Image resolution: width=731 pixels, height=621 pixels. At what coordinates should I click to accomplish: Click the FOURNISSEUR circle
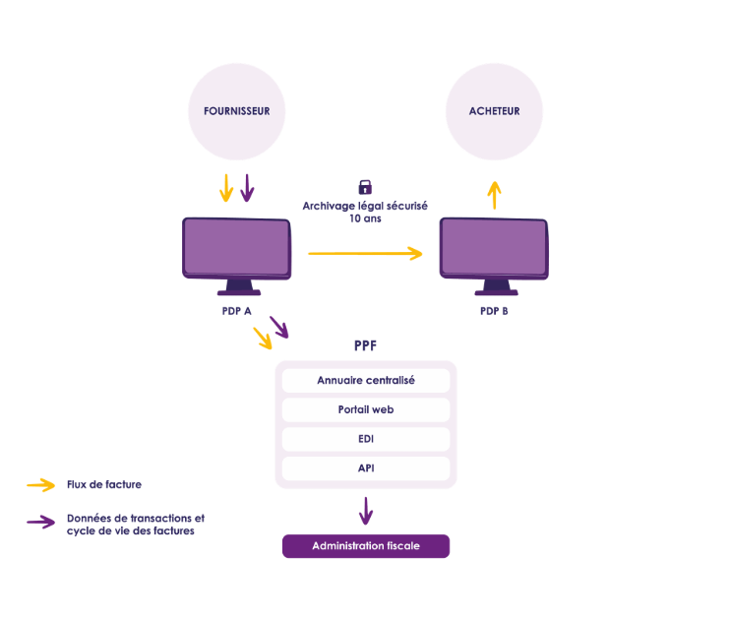coord(236,112)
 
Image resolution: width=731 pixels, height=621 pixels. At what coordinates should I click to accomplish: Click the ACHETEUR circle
coord(494,111)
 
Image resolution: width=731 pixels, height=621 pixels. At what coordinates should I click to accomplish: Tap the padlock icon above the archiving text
coord(365,186)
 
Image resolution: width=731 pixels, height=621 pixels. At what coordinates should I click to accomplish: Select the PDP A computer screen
coord(237,247)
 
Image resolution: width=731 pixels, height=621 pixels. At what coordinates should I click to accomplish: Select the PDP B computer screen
coord(494,247)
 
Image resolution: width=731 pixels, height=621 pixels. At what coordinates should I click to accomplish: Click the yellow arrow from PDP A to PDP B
coord(365,253)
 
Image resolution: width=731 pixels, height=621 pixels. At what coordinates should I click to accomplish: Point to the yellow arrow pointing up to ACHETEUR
coord(494,194)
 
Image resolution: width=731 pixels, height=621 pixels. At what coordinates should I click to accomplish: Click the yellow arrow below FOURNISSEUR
coord(226,187)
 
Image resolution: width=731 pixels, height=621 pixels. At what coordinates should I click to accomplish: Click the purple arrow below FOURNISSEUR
coord(247,187)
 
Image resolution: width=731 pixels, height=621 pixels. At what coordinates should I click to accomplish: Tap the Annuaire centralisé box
coord(366,380)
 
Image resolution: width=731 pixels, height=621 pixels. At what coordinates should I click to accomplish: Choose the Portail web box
coord(366,409)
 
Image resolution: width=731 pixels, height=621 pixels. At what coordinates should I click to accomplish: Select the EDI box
coord(366,439)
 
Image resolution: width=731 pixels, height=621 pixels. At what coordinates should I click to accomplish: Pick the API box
coord(366,468)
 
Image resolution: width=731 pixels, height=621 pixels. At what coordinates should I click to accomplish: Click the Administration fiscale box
coord(366,546)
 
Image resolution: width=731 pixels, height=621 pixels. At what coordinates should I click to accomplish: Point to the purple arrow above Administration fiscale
coord(366,511)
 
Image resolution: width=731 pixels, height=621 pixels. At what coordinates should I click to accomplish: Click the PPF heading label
coord(365,346)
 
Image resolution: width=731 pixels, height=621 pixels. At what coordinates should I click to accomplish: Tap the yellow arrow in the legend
coord(40,485)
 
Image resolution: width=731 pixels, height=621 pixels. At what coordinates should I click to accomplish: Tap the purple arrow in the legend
coord(40,523)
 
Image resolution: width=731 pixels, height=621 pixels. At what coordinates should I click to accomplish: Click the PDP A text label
coord(237,311)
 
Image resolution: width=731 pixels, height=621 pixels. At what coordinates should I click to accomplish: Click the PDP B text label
coord(494,311)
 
